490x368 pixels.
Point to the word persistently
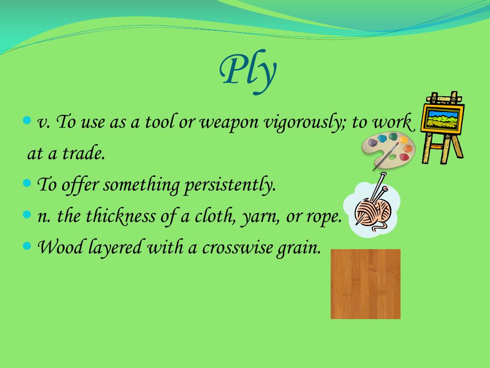[230, 185]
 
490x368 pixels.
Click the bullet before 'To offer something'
[27, 183]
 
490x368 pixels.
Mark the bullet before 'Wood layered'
[27, 246]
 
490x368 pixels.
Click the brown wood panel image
[366, 284]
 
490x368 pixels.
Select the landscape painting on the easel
[443, 118]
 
